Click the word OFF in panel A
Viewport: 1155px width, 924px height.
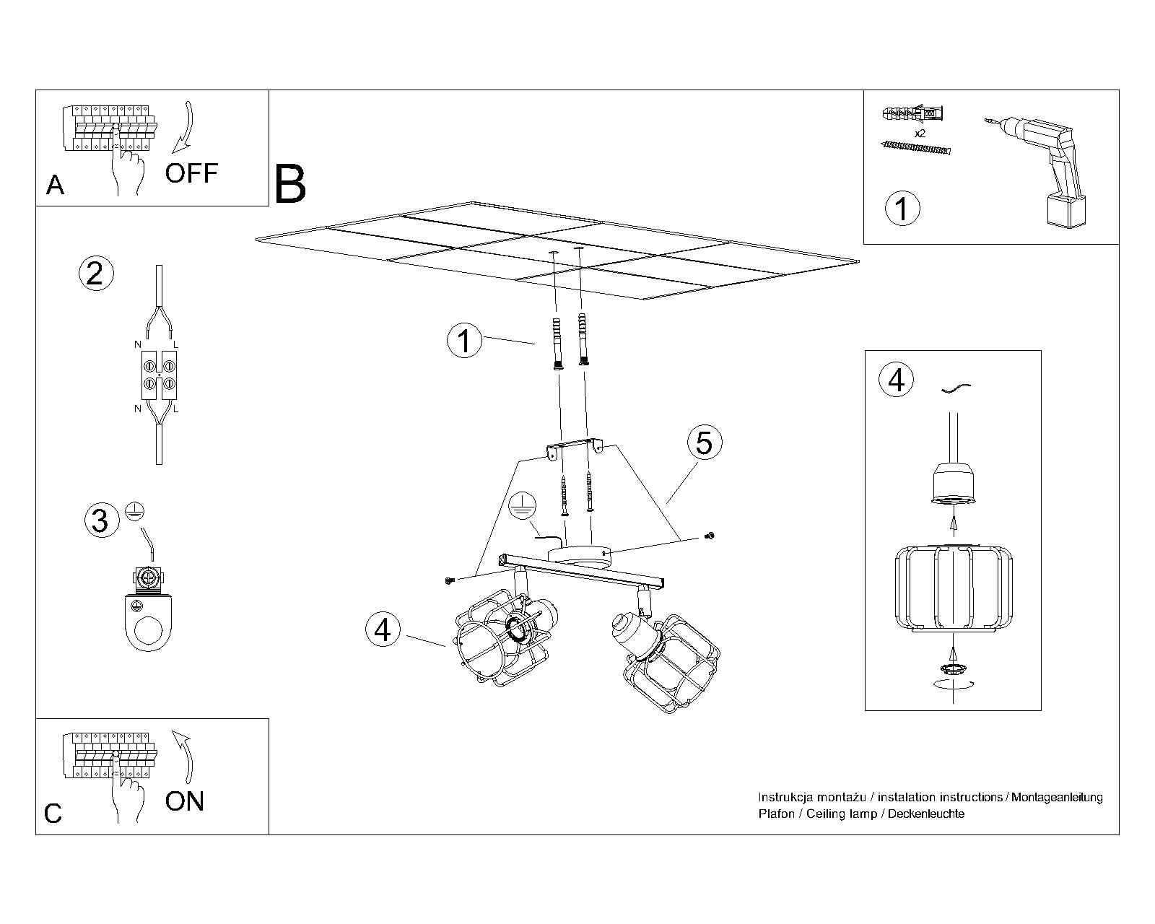point(191,173)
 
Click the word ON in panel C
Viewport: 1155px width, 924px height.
point(185,801)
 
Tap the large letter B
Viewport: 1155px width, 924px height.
point(291,185)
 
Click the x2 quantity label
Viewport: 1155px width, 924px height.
point(920,134)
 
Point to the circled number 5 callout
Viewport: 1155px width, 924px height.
point(704,442)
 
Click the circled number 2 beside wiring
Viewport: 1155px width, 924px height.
point(95,274)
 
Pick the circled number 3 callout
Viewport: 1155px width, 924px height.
point(100,520)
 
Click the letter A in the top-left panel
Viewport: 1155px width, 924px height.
point(55,186)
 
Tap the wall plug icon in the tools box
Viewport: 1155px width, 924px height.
point(912,114)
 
